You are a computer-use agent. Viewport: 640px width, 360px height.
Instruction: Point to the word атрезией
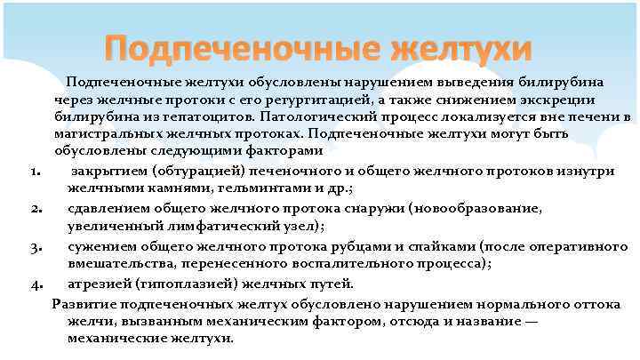point(97,284)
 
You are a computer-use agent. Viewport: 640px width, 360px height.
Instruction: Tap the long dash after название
point(531,321)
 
